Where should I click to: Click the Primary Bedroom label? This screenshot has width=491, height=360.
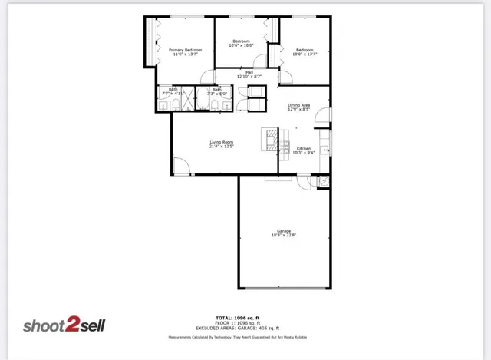[186, 50]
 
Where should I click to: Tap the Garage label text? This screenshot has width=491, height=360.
[284, 230]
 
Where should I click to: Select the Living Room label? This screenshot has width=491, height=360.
[222, 142]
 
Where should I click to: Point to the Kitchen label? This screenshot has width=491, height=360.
[304, 148]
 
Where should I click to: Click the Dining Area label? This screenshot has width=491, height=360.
[298, 104]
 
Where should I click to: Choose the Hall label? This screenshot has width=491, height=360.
[249, 72]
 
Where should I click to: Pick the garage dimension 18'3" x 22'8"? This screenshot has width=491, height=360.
[284, 236]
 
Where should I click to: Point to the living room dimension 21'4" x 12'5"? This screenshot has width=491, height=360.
[222, 147]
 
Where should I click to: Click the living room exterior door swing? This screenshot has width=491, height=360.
[181, 165]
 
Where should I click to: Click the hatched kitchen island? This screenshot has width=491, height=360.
[272, 137]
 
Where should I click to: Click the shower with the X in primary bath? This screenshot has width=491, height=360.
[188, 100]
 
